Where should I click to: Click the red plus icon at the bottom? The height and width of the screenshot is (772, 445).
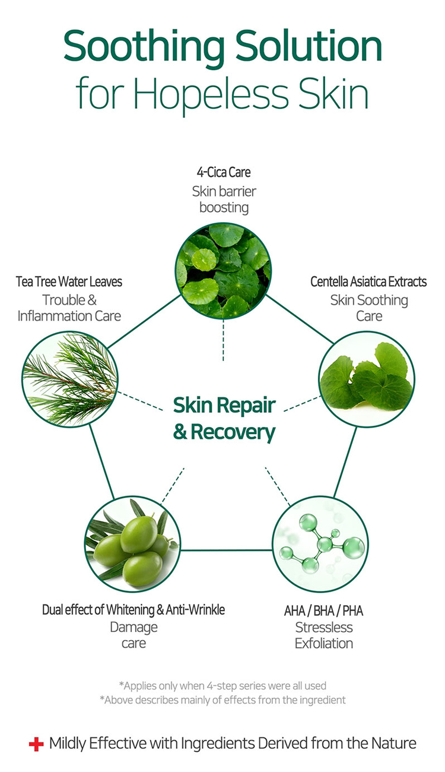[x=36, y=744]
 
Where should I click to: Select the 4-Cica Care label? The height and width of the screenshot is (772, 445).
[x=224, y=172]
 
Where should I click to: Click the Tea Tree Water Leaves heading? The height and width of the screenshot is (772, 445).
[x=69, y=281]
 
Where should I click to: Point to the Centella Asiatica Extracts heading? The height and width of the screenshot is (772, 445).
[x=368, y=281]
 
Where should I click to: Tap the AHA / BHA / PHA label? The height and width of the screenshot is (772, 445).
[x=324, y=610]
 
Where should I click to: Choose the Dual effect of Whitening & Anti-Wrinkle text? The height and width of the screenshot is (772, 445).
[x=133, y=610]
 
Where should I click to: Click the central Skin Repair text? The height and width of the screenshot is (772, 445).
[x=224, y=405]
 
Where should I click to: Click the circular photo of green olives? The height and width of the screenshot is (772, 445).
[x=132, y=544]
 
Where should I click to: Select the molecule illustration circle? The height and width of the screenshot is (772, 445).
[x=320, y=544]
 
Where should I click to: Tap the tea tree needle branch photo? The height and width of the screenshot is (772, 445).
[x=70, y=379]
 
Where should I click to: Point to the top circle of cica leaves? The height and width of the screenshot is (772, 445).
[x=223, y=271]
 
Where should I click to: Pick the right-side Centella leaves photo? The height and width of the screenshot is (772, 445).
[x=367, y=379]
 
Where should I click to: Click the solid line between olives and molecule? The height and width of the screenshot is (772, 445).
[x=226, y=550]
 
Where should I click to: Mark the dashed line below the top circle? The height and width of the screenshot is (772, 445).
[x=223, y=340]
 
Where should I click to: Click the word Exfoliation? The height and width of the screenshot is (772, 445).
[x=324, y=643]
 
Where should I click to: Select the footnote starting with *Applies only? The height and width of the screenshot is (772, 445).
[x=223, y=685]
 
